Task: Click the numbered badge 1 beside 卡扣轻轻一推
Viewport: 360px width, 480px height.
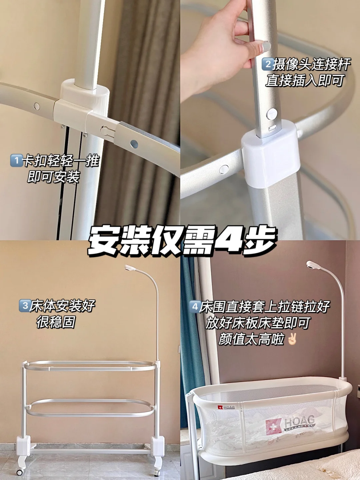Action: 16,160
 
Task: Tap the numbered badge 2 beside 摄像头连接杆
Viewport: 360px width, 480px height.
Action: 268,64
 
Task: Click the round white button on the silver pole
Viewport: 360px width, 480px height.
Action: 272,114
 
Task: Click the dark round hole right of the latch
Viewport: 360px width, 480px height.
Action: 134,144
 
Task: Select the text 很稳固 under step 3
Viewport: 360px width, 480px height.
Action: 56,322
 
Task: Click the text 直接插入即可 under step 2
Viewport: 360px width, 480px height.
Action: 304,81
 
